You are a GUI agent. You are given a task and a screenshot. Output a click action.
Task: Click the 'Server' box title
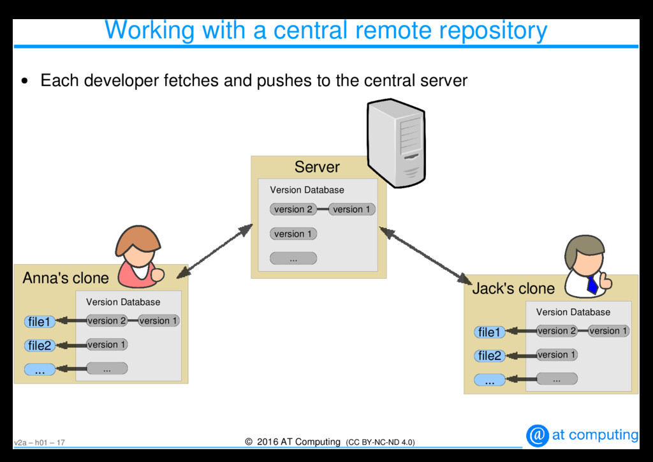pyautogui.click(x=317, y=167)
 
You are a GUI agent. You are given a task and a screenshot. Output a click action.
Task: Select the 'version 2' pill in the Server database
pyautogui.click(x=293, y=209)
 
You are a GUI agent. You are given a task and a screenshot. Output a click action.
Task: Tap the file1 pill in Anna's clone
pyautogui.click(x=39, y=322)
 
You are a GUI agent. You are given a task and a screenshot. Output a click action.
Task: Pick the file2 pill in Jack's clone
pyautogui.click(x=489, y=355)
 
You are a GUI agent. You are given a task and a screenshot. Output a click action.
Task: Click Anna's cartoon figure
pyautogui.click(x=138, y=257)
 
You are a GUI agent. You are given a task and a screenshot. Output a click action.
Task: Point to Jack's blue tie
pyautogui.click(x=592, y=284)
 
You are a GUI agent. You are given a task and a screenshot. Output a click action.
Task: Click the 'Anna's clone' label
pyautogui.click(x=66, y=278)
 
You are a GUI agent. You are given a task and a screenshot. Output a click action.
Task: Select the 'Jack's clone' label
pyautogui.click(x=513, y=288)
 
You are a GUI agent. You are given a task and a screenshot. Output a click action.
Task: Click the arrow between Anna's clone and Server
pyautogui.click(x=214, y=251)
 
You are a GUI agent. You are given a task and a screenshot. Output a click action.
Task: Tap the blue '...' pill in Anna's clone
pyautogui.click(x=40, y=369)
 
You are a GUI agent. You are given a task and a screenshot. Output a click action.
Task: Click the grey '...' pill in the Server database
pyautogui.click(x=293, y=258)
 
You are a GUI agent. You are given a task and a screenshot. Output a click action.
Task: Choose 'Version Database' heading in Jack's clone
pyautogui.click(x=573, y=312)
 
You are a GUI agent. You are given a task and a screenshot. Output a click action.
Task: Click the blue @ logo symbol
pyautogui.click(x=538, y=435)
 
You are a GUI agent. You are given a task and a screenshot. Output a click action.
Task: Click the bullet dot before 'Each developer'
pyautogui.click(x=24, y=81)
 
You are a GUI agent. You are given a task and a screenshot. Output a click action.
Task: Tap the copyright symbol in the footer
pyautogui.click(x=249, y=442)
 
